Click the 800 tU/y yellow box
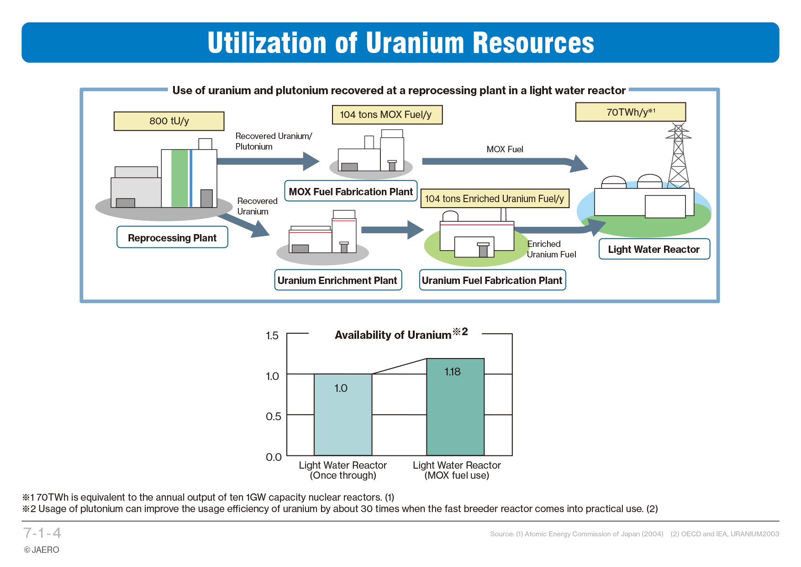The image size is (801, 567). [x=169, y=121]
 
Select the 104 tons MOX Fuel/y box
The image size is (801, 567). [x=387, y=115]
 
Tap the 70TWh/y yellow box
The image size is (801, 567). [x=631, y=112]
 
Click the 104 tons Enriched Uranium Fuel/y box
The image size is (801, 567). [x=495, y=198]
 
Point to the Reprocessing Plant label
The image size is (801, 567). [x=172, y=237]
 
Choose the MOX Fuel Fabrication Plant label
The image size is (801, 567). [x=351, y=191]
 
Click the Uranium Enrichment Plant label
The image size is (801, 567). [x=338, y=280]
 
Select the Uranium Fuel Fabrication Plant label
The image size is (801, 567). [x=492, y=280]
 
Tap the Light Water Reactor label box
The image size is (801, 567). [x=654, y=249]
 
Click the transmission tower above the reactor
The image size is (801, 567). [x=679, y=155]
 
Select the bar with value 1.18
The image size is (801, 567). [x=455, y=407]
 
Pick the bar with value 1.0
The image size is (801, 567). [x=343, y=415]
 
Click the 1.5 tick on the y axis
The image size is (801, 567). [x=272, y=336]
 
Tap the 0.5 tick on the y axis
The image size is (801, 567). [x=273, y=417]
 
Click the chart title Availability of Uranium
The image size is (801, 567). [x=393, y=335]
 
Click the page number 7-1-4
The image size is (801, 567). [x=42, y=533]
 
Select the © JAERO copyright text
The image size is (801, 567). [x=42, y=550]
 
